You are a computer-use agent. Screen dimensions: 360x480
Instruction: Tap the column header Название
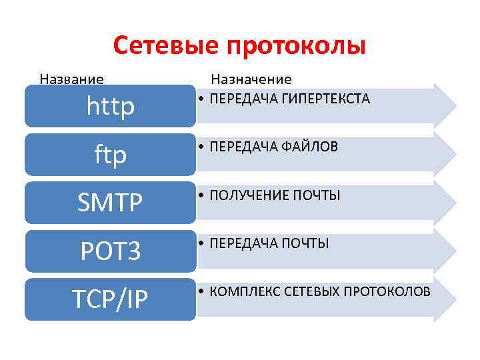[71, 79]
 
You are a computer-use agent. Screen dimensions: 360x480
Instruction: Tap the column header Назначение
[251, 79]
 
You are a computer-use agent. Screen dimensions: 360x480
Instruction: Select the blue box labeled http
[111, 106]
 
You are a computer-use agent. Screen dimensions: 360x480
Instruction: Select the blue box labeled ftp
[111, 155]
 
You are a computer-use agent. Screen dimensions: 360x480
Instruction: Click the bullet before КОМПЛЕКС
[201, 292]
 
